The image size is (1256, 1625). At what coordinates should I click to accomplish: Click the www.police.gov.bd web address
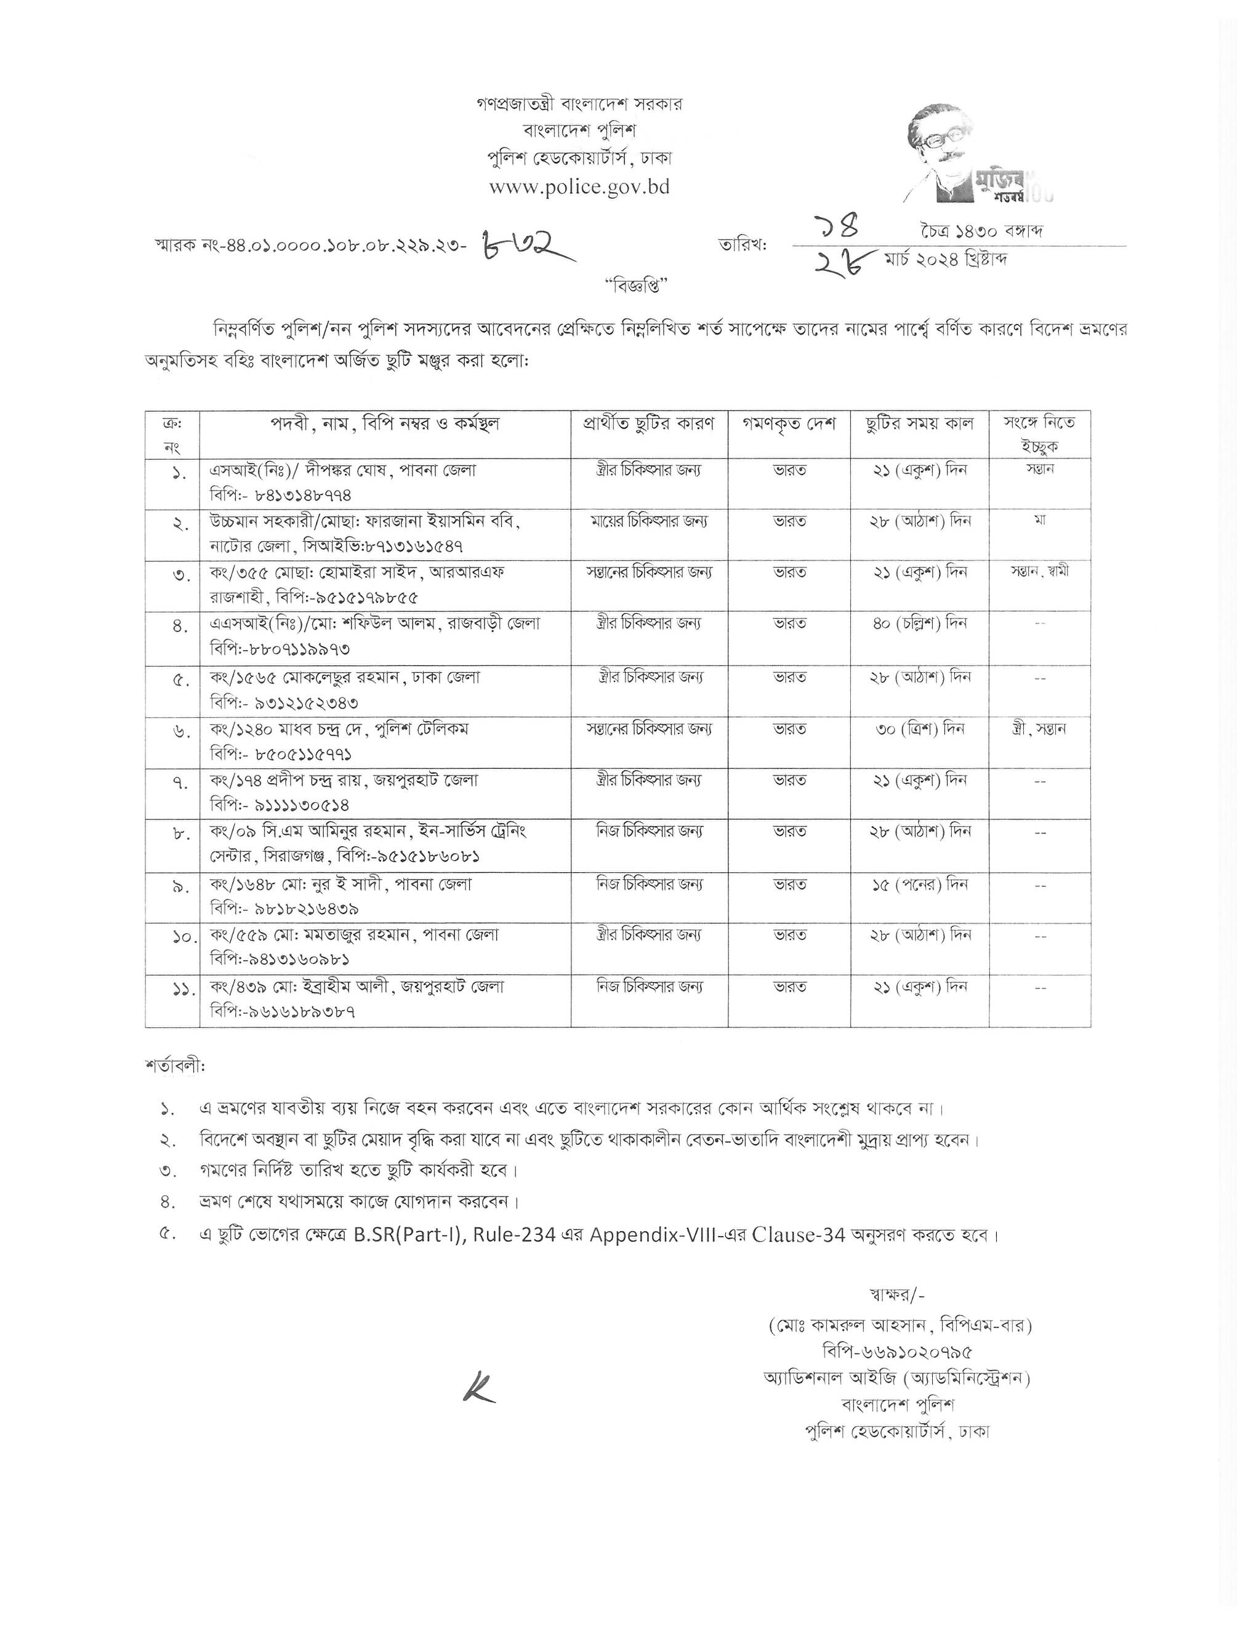click(579, 187)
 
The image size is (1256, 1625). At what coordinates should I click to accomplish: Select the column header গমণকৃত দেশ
click(789, 424)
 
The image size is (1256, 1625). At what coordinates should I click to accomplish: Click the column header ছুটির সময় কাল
click(919, 424)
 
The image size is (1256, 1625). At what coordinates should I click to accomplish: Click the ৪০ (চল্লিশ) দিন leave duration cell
click(919, 623)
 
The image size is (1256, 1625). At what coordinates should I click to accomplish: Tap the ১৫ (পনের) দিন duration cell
click(919, 885)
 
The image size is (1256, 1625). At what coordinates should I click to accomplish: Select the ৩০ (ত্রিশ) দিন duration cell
click(919, 728)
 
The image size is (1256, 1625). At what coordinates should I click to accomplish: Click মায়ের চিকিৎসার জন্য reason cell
click(649, 521)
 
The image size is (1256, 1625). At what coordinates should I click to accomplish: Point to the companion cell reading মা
click(1039, 521)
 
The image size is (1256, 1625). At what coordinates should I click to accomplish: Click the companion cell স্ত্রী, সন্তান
click(1039, 728)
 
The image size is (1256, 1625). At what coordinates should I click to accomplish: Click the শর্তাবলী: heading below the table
click(175, 1065)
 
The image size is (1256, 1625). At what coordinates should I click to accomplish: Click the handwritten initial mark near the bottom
click(478, 1387)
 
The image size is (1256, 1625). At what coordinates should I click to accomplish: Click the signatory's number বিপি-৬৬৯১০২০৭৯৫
click(896, 1351)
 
